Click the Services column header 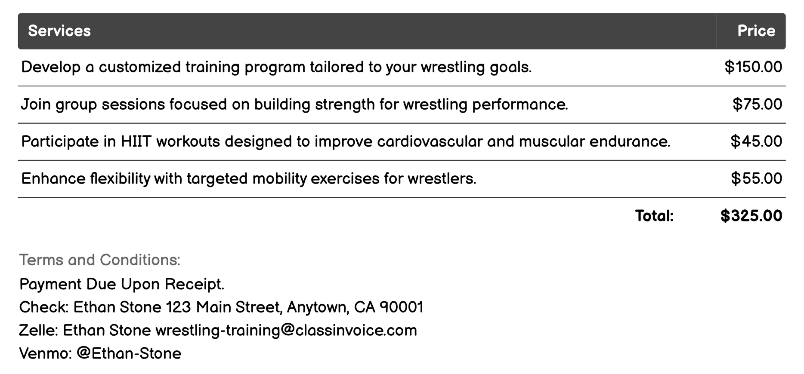point(59,31)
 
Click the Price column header point(756,31)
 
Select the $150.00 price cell point(753,67)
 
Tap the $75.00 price point(757,104)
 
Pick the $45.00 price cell point(756,141)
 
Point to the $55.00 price point(756,178)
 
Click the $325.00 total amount point(751,216)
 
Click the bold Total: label point(654,216)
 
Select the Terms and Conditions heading point(100,260)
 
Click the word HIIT point(136,141)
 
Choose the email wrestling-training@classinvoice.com point(286,331)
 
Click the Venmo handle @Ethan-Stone point(129,354)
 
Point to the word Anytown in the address point(318,307)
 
